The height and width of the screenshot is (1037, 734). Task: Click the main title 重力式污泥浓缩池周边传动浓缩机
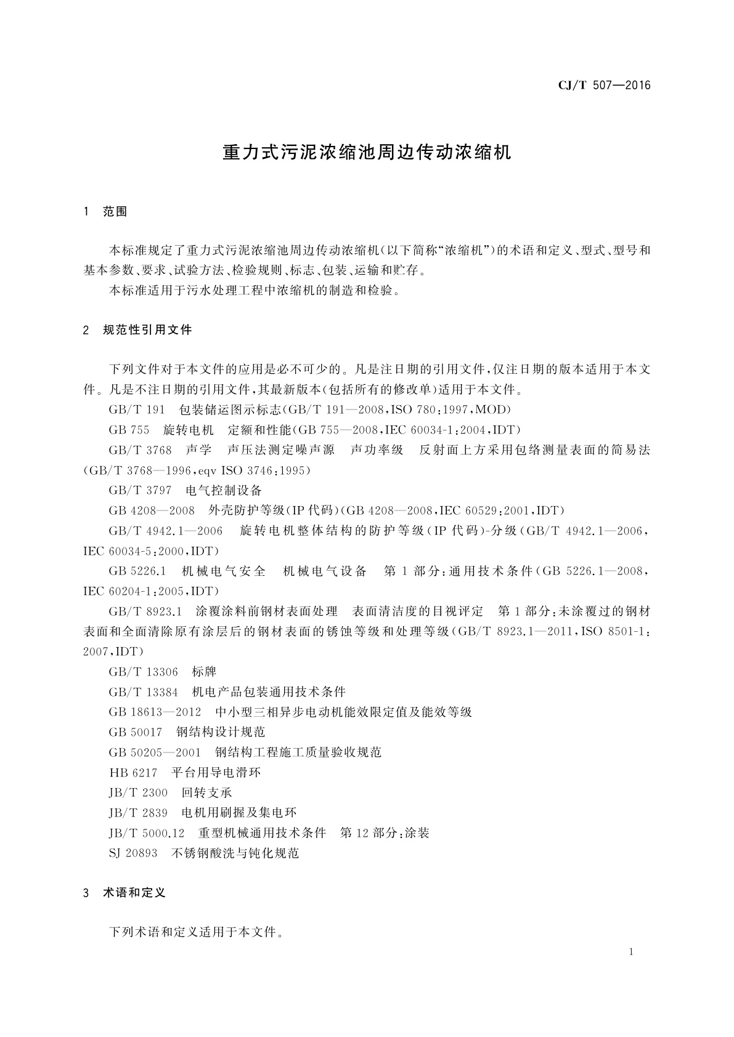click(x=367, y=152)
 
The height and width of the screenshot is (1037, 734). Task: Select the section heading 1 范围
click(x=105, y=212)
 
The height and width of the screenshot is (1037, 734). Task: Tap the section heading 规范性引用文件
click(x=147, y=330)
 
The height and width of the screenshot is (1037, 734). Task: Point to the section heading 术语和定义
click(x=134, y=892)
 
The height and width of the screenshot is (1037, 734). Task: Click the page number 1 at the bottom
click(x=632, y=952)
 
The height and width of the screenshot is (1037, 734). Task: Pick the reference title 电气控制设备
click(x=224, y=491)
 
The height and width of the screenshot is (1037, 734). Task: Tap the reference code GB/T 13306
click(x=143, y=672)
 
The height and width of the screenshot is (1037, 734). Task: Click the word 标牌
click(x=205, y=672)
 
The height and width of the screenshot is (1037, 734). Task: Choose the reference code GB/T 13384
click(x=143, y=692)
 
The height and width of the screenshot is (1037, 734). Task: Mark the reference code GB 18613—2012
click(x=155, y=712)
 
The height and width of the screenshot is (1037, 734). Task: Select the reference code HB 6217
click(x=133, y=773)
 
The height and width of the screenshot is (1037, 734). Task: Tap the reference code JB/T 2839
click(x=138, y=813)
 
